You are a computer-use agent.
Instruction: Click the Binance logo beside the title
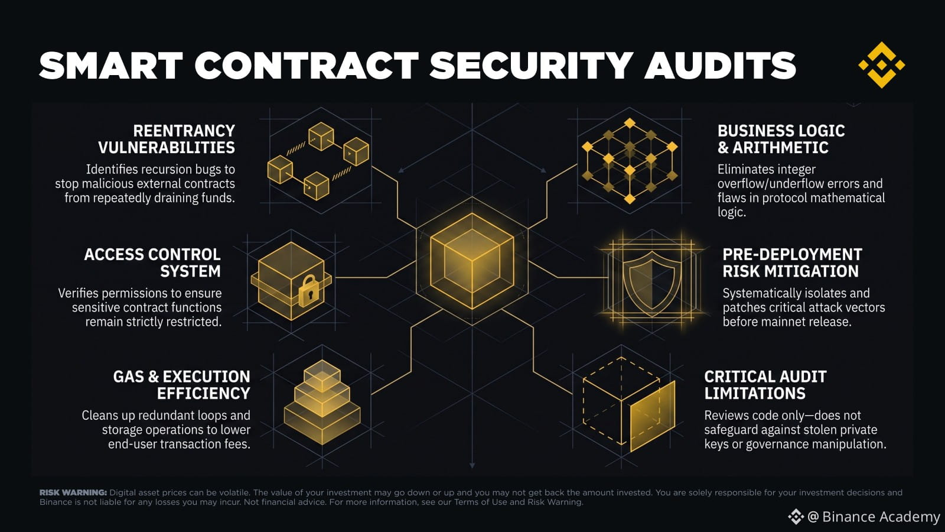pyautogui.click(x=881, y=65)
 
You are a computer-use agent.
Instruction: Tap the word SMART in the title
pyautogui.click(x=111, y=66)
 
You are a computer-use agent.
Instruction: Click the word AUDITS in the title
pyautogui.click(x=720, y=66)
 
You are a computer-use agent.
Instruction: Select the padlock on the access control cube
pyautogui.click(x=309, y=291)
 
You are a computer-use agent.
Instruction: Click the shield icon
pyautogui.click(x=652, y=280)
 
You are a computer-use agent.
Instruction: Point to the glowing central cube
pyautogui.click(x=472, y=261)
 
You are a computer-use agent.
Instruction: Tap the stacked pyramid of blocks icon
pyautogui.click(x=322, y=402)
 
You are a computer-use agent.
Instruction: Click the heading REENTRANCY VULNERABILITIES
pyautogui.click(x=167, y=140)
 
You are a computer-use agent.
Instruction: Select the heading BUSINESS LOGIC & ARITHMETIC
pyautogui.click(x=781, y=140)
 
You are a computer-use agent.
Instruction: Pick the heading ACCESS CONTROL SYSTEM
pyautogui.click(x=152, y=262)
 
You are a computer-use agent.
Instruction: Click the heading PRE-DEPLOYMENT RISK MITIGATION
pyautogui.click(x=792, y=262)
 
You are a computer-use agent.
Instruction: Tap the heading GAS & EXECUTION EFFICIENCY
pyautogui.click(x=182, y=385)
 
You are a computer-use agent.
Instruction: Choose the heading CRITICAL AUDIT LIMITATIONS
pyautogui.click(x=765, y=385)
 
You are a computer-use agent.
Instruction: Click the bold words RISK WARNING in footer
pyautogui.click(x=73, y=492)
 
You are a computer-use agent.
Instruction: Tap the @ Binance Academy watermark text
pyautogui.click(x=874, y=517)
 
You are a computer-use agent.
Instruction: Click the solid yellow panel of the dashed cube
pyautogui.click(x=653, y=416)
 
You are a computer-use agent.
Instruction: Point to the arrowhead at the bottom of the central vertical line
pyautogui.click(x=472, y=465)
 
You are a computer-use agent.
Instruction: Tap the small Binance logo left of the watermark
pyautogui.click(x=796, y=517)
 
